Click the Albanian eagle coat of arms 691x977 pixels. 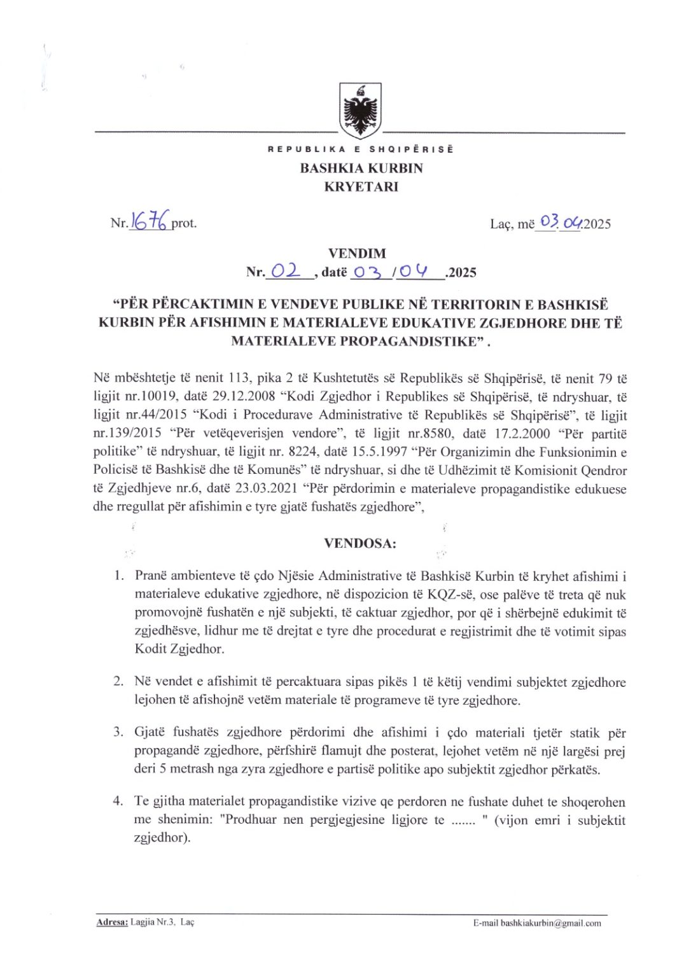point(360,111)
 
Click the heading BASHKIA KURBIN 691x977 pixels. point(361,169)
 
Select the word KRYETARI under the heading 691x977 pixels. point(361,187)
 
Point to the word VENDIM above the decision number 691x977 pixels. point(357,253)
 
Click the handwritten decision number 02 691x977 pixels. point(284,271)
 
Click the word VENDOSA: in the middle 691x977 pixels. point(360,543)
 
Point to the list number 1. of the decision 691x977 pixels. point(119,576)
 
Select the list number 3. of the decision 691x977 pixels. point(118,732)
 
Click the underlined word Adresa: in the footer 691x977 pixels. point(112,922)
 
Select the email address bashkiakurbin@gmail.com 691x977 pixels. point(550,923)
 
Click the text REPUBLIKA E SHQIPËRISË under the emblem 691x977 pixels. point(361,149)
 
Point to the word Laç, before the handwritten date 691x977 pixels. point(501,224)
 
